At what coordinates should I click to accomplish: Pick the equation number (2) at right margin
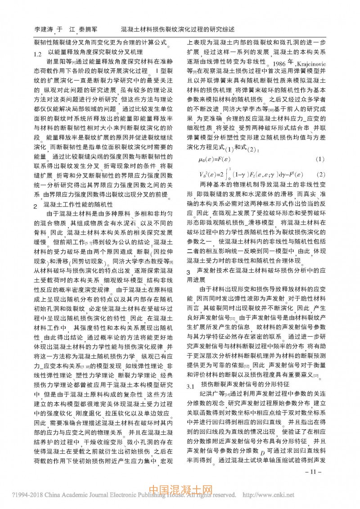[x=320, y=174]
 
